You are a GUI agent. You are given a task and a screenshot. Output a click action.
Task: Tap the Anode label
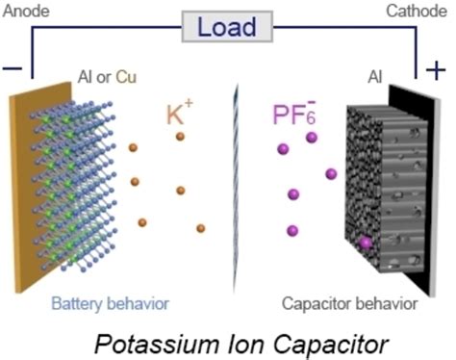pyautogui.click(x=22, y=13)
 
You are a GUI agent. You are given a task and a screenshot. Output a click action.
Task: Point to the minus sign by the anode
pyautogui.click(x=13, y=70)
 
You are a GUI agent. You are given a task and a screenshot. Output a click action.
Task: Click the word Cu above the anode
pyautogui.click(x=126, y=77)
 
